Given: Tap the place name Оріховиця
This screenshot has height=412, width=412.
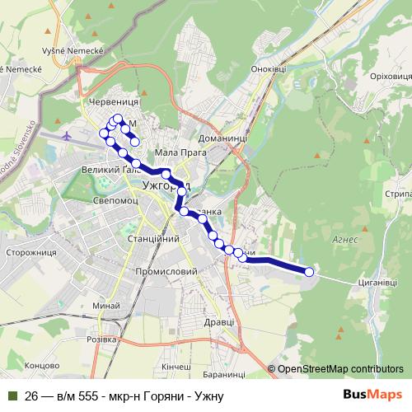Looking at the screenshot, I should click(369, 76).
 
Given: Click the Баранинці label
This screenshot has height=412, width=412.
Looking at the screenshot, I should click(222, 375).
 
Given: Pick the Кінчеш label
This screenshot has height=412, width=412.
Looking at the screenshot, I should click(176, 365).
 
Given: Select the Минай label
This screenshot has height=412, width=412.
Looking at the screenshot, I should click(106, 306).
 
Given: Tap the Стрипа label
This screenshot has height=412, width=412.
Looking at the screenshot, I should click(397, 194).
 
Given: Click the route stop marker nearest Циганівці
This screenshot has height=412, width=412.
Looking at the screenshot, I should click(310, 272).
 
